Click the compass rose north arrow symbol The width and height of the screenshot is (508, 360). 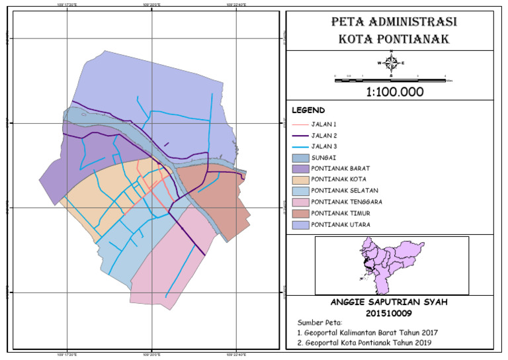391,63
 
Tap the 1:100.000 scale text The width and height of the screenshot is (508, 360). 394,92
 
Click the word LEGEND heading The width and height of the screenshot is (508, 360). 308,110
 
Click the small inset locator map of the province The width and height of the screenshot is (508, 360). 392,265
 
